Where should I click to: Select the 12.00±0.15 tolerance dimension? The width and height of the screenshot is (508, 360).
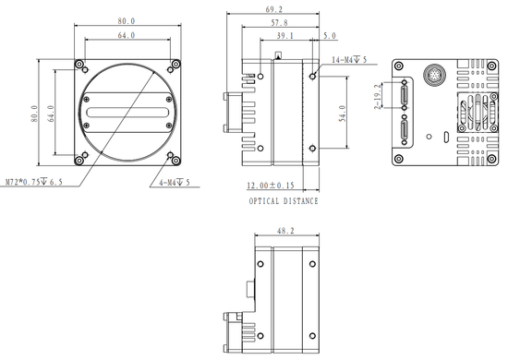[274, 186]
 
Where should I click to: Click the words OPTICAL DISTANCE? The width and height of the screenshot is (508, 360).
[284, 201]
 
